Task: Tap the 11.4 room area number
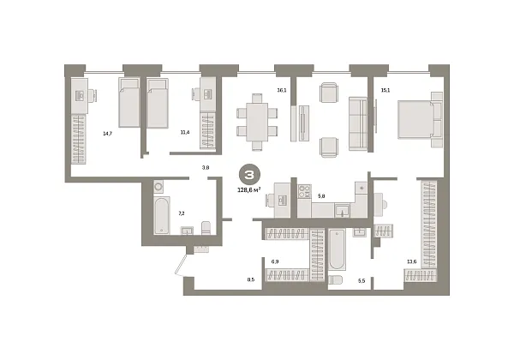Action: pyautogui.click(x=184, y=134)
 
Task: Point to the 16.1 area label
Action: pyautogui.click(x=281, y=88)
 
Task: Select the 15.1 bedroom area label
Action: pyautogui.click(x=385, y=88)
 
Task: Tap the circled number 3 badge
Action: pyautogui.click(x=249, y=174)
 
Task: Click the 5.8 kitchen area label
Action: pyautogui.click(x=321, y=197)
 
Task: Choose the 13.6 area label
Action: pyautogui.click(x=412, y=261)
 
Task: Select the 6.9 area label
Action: pyautogui.click(x=275, y=261)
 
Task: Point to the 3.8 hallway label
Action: pyautogui.click(x=205, y=168)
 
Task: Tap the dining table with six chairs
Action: pyautogui.click(x=257, y=119)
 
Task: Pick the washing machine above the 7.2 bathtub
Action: pyautogui.click(x=158, y=186)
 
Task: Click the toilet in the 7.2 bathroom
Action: pyautogui.click(x=205, y=228)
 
